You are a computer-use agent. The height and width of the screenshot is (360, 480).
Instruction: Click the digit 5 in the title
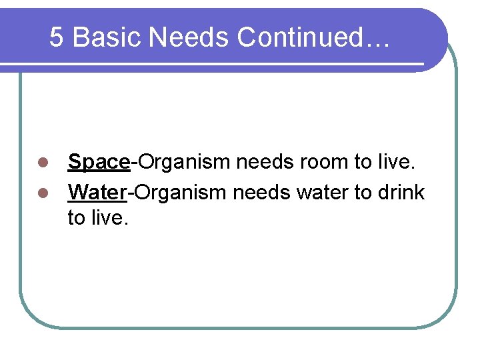[x=57, y=37]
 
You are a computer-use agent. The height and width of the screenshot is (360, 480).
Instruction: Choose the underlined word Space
[x=99, y=162]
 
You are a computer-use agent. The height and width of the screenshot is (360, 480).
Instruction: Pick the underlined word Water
[x=97, y=193]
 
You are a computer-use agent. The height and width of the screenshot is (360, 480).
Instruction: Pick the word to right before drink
[x=363, y=193]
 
